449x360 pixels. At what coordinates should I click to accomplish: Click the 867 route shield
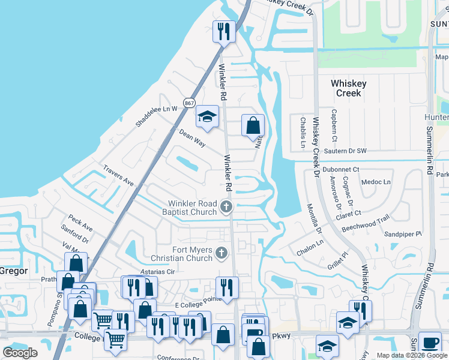click(x=189, y=103)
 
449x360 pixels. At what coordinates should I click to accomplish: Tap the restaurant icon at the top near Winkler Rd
click(x=224, y=31)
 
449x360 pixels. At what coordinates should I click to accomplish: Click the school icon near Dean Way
click(x=208, y=118)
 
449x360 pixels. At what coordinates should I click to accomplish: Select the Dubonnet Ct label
click(x=340, y=170)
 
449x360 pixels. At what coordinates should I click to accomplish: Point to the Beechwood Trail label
click(x=366, y=225)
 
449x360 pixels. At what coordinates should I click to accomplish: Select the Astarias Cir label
click(x=157, y=271)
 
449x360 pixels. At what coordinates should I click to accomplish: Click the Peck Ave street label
click(x=80, y=224)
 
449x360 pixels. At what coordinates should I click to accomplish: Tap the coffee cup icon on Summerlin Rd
click(x=429, y=342)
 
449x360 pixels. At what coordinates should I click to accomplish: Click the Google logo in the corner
click(x=20, y=353)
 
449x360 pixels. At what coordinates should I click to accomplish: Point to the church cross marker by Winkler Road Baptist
click(x=226, y=208)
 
